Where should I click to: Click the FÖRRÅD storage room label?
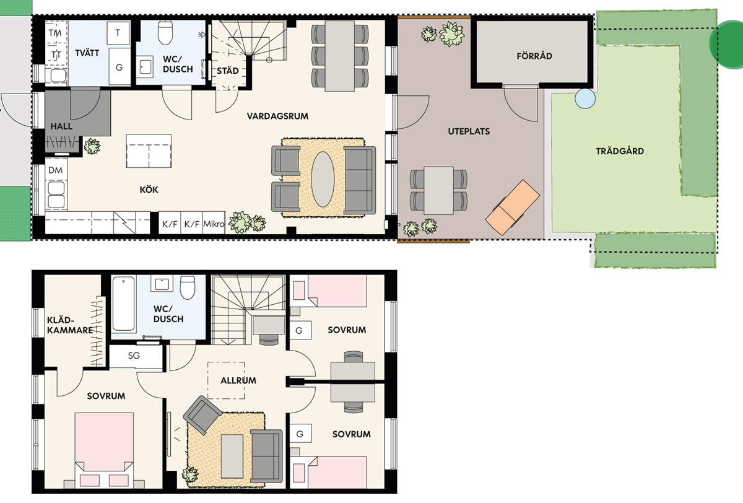[534, 55]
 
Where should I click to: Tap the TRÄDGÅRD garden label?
[620, 151]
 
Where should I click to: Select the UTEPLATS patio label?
[469, 131]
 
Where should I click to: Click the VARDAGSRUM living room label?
[277, 116]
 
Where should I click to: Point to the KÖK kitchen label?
[149, 190]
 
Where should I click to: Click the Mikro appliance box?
[214, 223]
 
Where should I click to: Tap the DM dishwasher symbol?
[55, 170]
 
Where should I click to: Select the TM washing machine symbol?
[55, 33]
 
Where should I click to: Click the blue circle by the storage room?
[585, 98]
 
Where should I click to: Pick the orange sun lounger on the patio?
[513, 208]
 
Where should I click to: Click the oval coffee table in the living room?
[323, 179]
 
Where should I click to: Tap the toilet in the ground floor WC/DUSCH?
[165, 32]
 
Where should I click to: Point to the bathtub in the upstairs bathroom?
[123, 304]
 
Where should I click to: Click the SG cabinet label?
[134, 356]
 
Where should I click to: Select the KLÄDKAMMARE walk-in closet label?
[70, 325]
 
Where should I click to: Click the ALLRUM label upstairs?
[238, 380]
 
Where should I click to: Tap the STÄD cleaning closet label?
[228, 71]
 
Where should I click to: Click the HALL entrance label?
[61, 126]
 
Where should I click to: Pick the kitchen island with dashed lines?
[149, 151]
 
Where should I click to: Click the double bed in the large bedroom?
[105, 450]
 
